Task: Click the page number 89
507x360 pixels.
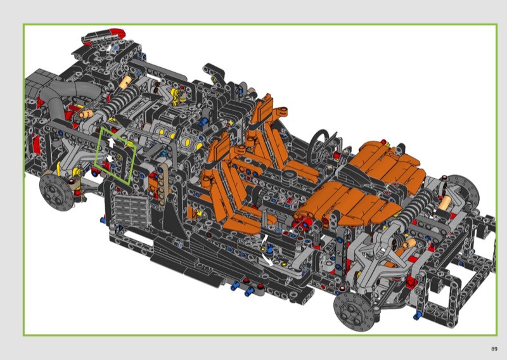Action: pos(494,349)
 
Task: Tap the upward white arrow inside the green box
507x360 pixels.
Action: pos(112,142)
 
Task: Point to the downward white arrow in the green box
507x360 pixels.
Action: pos(110,158)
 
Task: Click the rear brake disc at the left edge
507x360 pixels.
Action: pos(56,193)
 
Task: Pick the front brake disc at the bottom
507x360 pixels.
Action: pos(355,311)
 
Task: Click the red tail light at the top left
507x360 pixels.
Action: pos(117,33)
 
